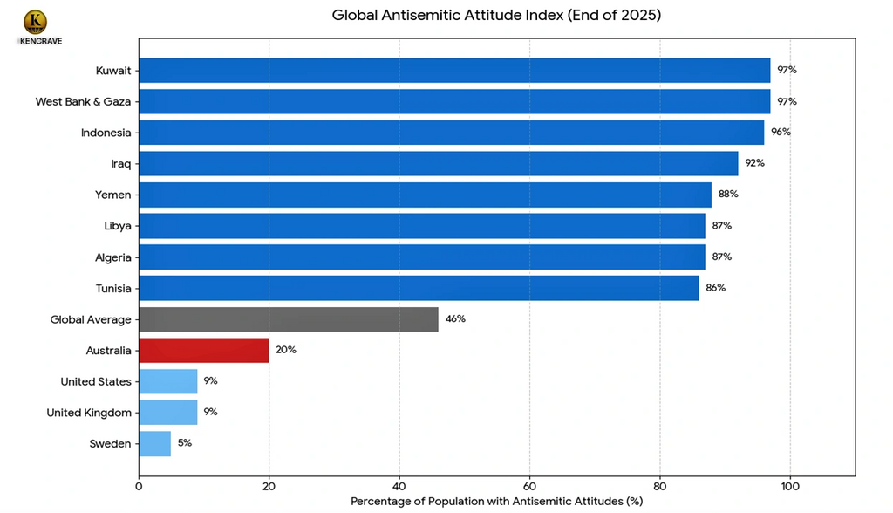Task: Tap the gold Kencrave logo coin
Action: click(x=36, y=22)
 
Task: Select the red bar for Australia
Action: click(x=203, y=350)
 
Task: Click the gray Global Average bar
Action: click(x=288, y=319)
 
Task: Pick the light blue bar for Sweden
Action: click(x=154, y=443)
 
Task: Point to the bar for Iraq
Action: click(x=438, y=163)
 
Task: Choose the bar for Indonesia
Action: click(x=451, y=133)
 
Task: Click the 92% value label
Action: click(x=753, y=163)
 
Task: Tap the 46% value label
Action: click(x=455, y=319)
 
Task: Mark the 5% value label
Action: click(x=184, y=443)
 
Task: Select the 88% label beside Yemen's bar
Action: click(x=728, y=195)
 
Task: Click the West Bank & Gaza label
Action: click(x=83, y=101)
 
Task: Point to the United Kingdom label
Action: click(x=89, y=413)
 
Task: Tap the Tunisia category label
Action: click(x=113, y=288)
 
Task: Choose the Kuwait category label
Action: click(x=114, y=71)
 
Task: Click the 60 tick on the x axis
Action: click(x=529, y=485)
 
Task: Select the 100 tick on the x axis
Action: click(x=790, y=485)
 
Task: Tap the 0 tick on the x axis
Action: click(x=139, y=485)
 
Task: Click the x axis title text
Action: click(x=496, y=502)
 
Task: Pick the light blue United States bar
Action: click(x=167, y=381)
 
